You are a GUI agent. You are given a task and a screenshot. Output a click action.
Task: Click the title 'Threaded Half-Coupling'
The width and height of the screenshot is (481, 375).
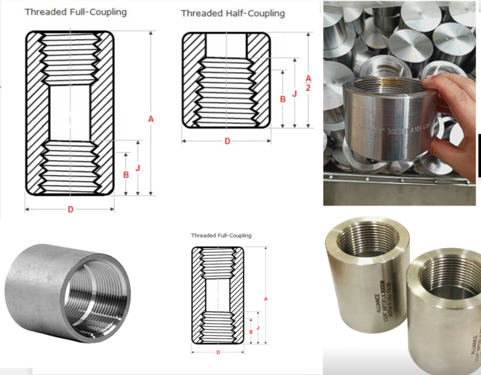232,13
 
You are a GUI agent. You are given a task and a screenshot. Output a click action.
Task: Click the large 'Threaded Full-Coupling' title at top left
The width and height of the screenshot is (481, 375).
76,12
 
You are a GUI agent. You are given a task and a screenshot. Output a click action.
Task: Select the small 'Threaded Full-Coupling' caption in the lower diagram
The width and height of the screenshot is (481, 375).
221,236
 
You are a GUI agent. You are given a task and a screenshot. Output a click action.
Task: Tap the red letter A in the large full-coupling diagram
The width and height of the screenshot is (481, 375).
151,119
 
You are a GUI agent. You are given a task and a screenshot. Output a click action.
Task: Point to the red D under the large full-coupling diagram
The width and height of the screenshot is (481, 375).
70,210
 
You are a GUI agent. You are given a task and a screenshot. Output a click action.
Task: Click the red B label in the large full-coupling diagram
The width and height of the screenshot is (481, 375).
126,175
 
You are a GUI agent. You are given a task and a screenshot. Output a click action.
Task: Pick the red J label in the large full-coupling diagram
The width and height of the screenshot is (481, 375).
138,168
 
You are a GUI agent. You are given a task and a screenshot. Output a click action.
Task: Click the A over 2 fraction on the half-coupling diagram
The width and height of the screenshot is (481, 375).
308,83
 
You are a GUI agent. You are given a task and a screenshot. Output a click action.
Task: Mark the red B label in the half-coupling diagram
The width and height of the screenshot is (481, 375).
283,99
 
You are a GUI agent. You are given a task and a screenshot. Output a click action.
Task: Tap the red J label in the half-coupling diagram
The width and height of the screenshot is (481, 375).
294,94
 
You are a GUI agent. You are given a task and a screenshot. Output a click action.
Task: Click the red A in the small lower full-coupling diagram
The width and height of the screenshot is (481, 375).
266,299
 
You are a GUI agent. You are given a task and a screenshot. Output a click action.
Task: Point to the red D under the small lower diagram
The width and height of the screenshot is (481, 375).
218,352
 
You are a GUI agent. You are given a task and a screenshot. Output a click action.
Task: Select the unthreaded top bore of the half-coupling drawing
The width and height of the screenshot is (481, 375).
226,46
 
